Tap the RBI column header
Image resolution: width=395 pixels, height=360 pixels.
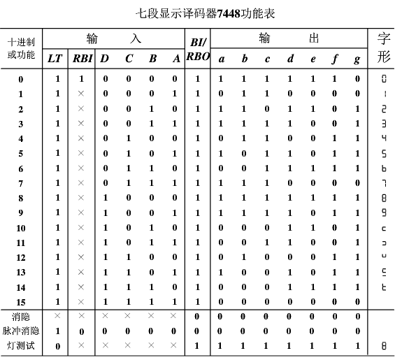coord(81,59)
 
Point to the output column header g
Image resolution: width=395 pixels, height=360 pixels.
coord(357,59)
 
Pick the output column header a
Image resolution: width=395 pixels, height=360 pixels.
coord(221,59)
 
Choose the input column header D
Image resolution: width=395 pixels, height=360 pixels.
coord(105,59)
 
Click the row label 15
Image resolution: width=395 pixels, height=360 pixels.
coord(21,302)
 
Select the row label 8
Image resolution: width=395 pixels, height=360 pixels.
coord(21,198)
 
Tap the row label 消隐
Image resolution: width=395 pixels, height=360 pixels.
coord(21,317)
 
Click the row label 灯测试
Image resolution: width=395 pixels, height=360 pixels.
coord(21,346)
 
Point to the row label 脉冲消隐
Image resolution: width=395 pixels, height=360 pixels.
coord(21,331)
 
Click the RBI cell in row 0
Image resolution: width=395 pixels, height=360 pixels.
coord(81,79)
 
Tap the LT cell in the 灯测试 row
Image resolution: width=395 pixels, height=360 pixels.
coord(57,346)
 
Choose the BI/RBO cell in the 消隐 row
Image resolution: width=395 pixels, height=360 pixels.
coord(196,317)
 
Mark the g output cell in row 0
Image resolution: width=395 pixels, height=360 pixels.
coord(357,79)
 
